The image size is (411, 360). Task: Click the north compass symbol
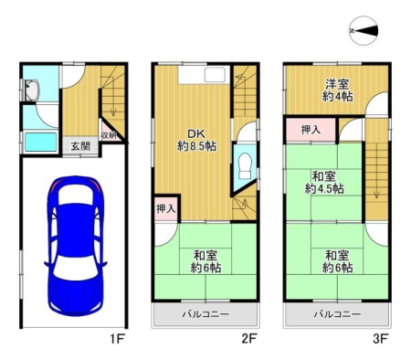tap(364, 31)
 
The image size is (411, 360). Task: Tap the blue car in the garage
tap(76, 246)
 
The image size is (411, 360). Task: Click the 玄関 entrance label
tap(80, 146)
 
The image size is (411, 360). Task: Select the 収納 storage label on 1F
tap(109, 135)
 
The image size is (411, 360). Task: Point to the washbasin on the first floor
tap(32, 90)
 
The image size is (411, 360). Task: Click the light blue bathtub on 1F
tap(41, 142)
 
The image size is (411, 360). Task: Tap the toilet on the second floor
tap(245, 165)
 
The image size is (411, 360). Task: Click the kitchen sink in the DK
tap(215, 75)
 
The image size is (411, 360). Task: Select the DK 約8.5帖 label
tap(196, 140)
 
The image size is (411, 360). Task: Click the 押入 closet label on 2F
tap(166, 209)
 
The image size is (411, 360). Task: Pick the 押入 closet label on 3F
tap(311, 130)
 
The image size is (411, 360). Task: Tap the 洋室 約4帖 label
tap(337, 90)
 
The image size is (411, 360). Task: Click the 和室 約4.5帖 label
tap(324, 183)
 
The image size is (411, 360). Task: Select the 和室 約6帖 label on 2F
tap(205, 261)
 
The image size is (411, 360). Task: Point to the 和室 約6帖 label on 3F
tap(337, 261)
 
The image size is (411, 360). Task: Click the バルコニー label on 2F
tap(205, 314)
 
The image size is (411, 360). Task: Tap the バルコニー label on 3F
tap(337, 314)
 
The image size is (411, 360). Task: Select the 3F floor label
tap(380, 339)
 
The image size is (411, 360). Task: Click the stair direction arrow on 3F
tap(377, 170)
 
